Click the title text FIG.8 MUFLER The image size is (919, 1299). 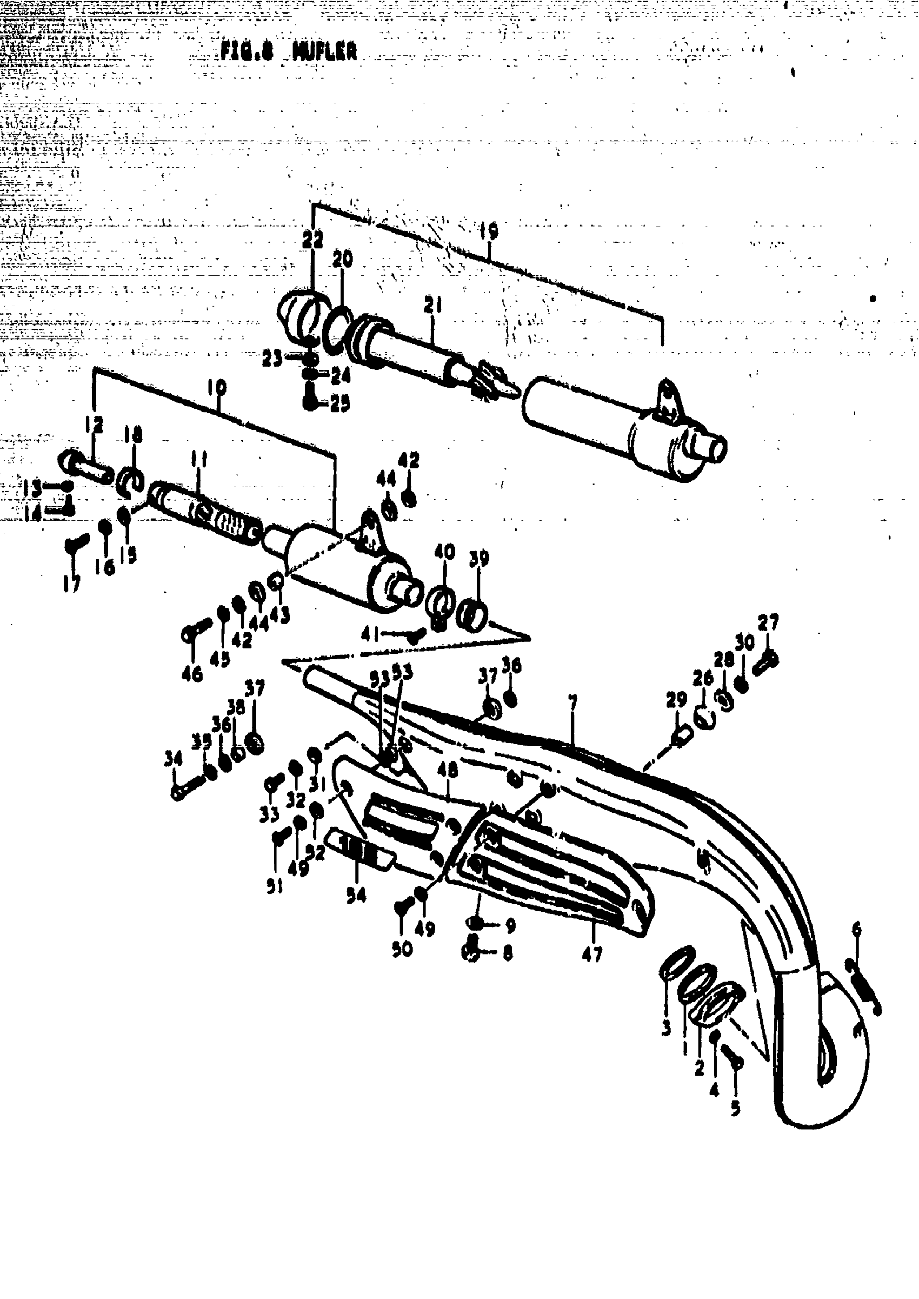pos(289,51)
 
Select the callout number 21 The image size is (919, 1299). pos(433,306)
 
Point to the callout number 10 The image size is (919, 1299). pos(217,388)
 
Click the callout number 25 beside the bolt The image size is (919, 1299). pos(340,403)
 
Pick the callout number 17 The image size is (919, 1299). pos(71,583)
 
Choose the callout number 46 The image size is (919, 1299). pos(192,673)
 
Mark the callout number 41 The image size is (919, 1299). pos(370,634)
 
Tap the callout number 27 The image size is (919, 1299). pos(769,622)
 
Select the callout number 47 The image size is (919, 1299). pos(592,955)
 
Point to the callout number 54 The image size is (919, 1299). pos(356,895)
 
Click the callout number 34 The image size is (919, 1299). pos(173,758)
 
